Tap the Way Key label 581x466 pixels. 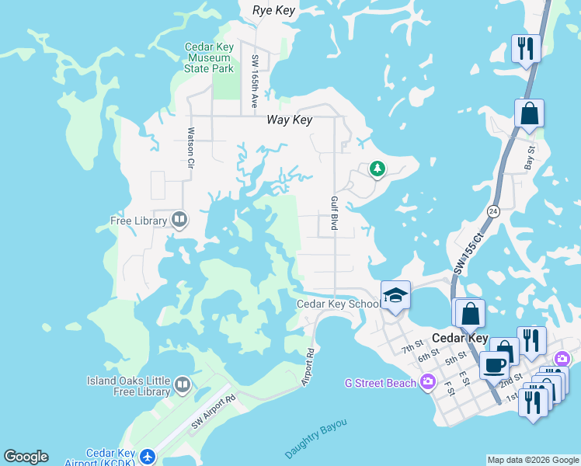pos(289,120)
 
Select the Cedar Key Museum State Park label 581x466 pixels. pos(209,57)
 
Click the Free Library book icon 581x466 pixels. pos(179,220)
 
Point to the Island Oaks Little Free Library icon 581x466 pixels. pos(183,384)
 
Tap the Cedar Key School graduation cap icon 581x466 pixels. pos(395,295)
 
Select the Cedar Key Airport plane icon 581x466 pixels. pos(148,455)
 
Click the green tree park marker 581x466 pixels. pos(377,169)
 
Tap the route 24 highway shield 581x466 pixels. pos(493,210)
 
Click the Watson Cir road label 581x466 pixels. pos(190,149)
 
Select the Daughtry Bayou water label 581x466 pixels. pos(315,439)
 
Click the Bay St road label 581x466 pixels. pos(531,159)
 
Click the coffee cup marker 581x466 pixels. pos(493,364)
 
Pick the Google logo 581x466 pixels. pos(26,457)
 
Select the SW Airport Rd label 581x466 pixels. pos(214,412)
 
